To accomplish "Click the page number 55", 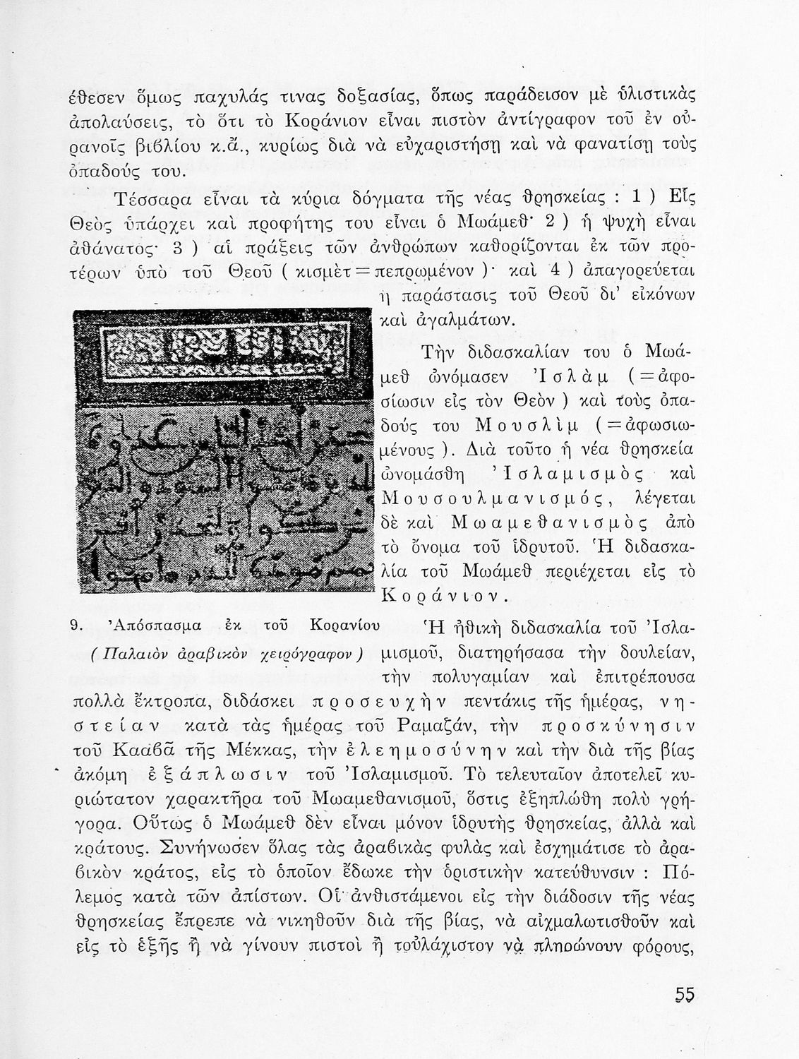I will point(684,995).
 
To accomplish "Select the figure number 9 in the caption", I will point(80,626).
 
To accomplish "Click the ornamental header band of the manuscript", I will point(222,349).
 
